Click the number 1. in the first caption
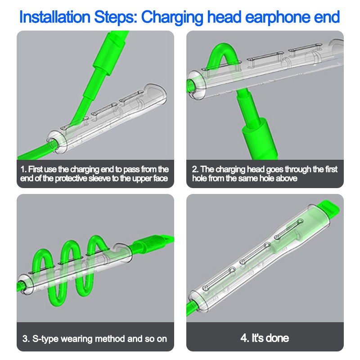[x=23, y=170]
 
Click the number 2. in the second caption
[x=195, y=170]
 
